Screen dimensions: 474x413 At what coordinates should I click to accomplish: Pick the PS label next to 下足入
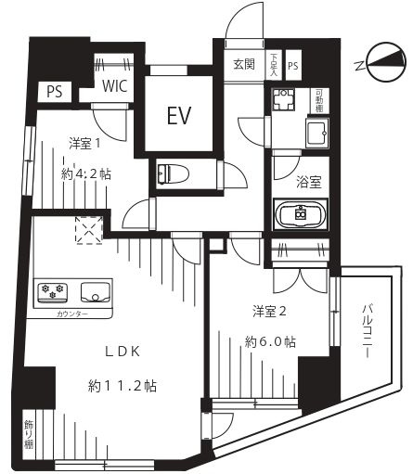tap(293, 65)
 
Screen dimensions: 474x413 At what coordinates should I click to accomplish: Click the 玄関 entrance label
tap(244, 65)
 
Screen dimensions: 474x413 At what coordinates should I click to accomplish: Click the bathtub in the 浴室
tap(300, 213)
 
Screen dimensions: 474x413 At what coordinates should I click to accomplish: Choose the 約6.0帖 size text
tap(269, 341)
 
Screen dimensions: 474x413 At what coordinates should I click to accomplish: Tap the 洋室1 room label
tap(84, 143)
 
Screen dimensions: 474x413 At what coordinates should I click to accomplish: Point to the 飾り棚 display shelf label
tap(28, 434)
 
